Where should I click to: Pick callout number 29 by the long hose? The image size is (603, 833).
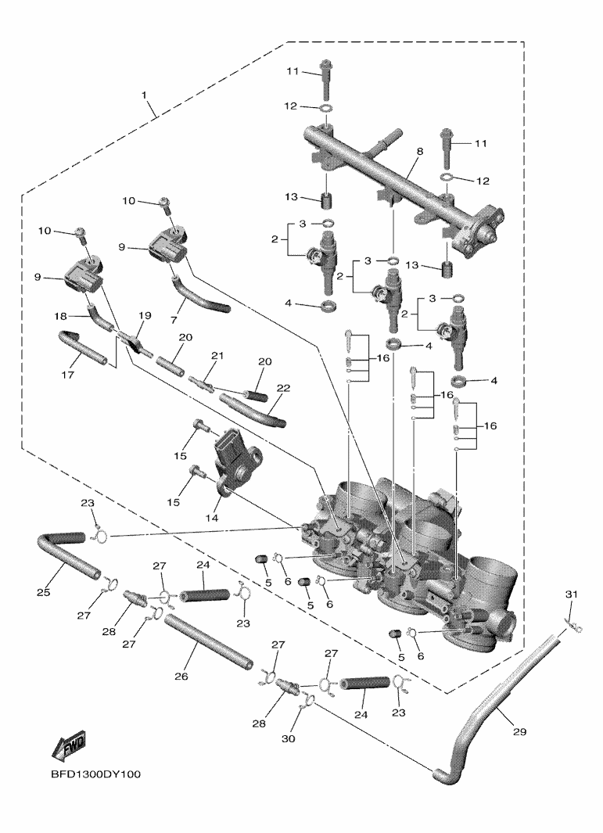pos(519,732)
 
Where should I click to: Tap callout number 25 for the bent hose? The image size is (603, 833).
pos(43,594)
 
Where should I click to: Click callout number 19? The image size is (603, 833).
pos(144,315)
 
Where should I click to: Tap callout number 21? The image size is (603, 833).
pos(216,356)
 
